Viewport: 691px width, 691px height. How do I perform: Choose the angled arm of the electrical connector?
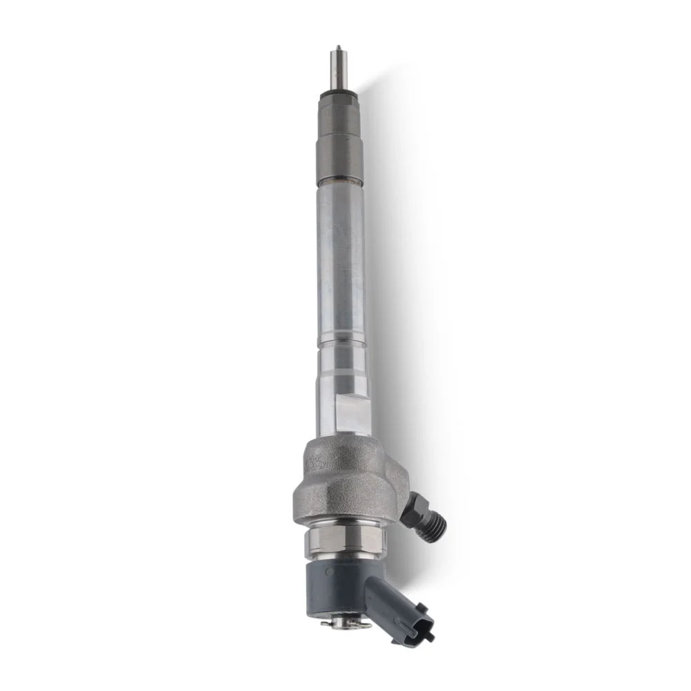pos(384,591)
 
